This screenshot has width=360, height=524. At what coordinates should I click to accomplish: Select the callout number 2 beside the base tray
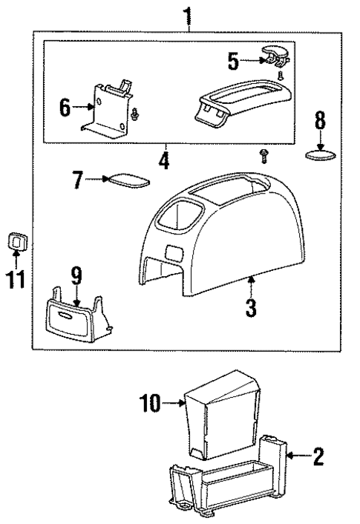[318, 456]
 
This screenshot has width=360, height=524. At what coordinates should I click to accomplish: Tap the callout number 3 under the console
[252, 307]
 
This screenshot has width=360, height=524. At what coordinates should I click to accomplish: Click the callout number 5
[232, 61]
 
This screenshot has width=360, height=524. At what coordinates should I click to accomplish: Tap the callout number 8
[320, 119]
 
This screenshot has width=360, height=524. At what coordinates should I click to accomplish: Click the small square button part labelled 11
[16, 240]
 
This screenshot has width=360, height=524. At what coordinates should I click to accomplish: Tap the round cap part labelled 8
[320, 156]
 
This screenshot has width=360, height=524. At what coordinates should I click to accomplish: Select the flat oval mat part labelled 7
[128, 179]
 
